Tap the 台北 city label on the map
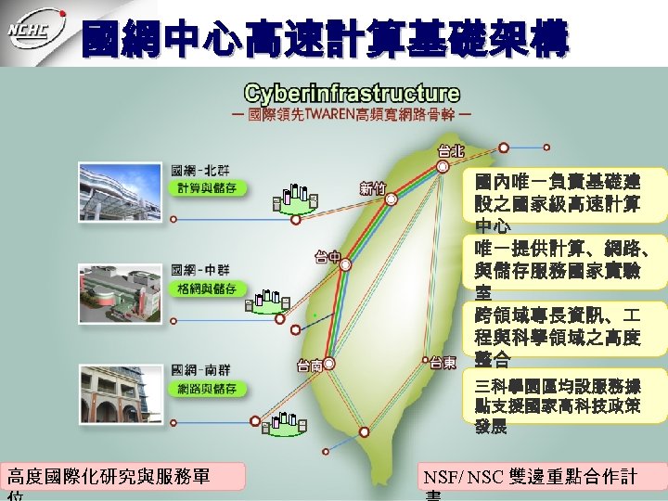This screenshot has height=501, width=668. pyautogui.click(x=451, y=149)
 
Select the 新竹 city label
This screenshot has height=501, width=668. pyautogui.click(x=373, y=188)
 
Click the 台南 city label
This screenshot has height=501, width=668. pyautogui.click(x=310, y=365)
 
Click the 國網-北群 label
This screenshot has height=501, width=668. pyautogui.click(x=195, y=170)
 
